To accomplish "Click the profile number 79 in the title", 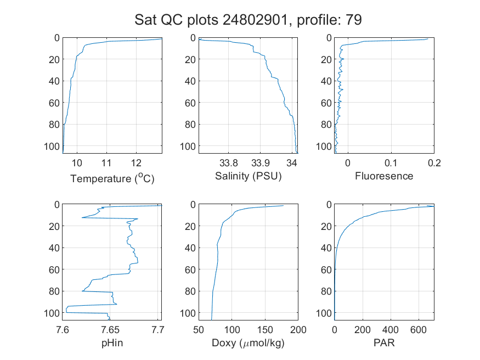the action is pos(354,20).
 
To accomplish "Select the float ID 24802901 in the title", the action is pos(255,20).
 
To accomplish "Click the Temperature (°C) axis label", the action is pos(112,178).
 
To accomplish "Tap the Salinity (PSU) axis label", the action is pos(249,176).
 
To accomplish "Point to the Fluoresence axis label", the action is pos(384,176).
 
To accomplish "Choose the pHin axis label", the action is pos(112,342).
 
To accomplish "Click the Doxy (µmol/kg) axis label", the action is pos(248,343).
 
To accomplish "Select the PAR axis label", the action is pos(384,342).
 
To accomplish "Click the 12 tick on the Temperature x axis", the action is pos(136,163).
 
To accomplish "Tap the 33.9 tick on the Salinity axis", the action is pos(260,163).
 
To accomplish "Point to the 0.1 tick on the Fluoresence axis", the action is pos(391,163).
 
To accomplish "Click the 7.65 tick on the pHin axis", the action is pos(110,330).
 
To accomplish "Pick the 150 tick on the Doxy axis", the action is pos(265,330).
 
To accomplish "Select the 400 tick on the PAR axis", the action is pos(390,330).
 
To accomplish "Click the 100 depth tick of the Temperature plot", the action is pos(52,147).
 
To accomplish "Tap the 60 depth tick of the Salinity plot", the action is pos(190,103).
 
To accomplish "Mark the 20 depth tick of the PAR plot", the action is pos(326,226).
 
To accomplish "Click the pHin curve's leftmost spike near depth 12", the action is pos(82,218).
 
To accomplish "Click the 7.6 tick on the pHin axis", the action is pos(63,330).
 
